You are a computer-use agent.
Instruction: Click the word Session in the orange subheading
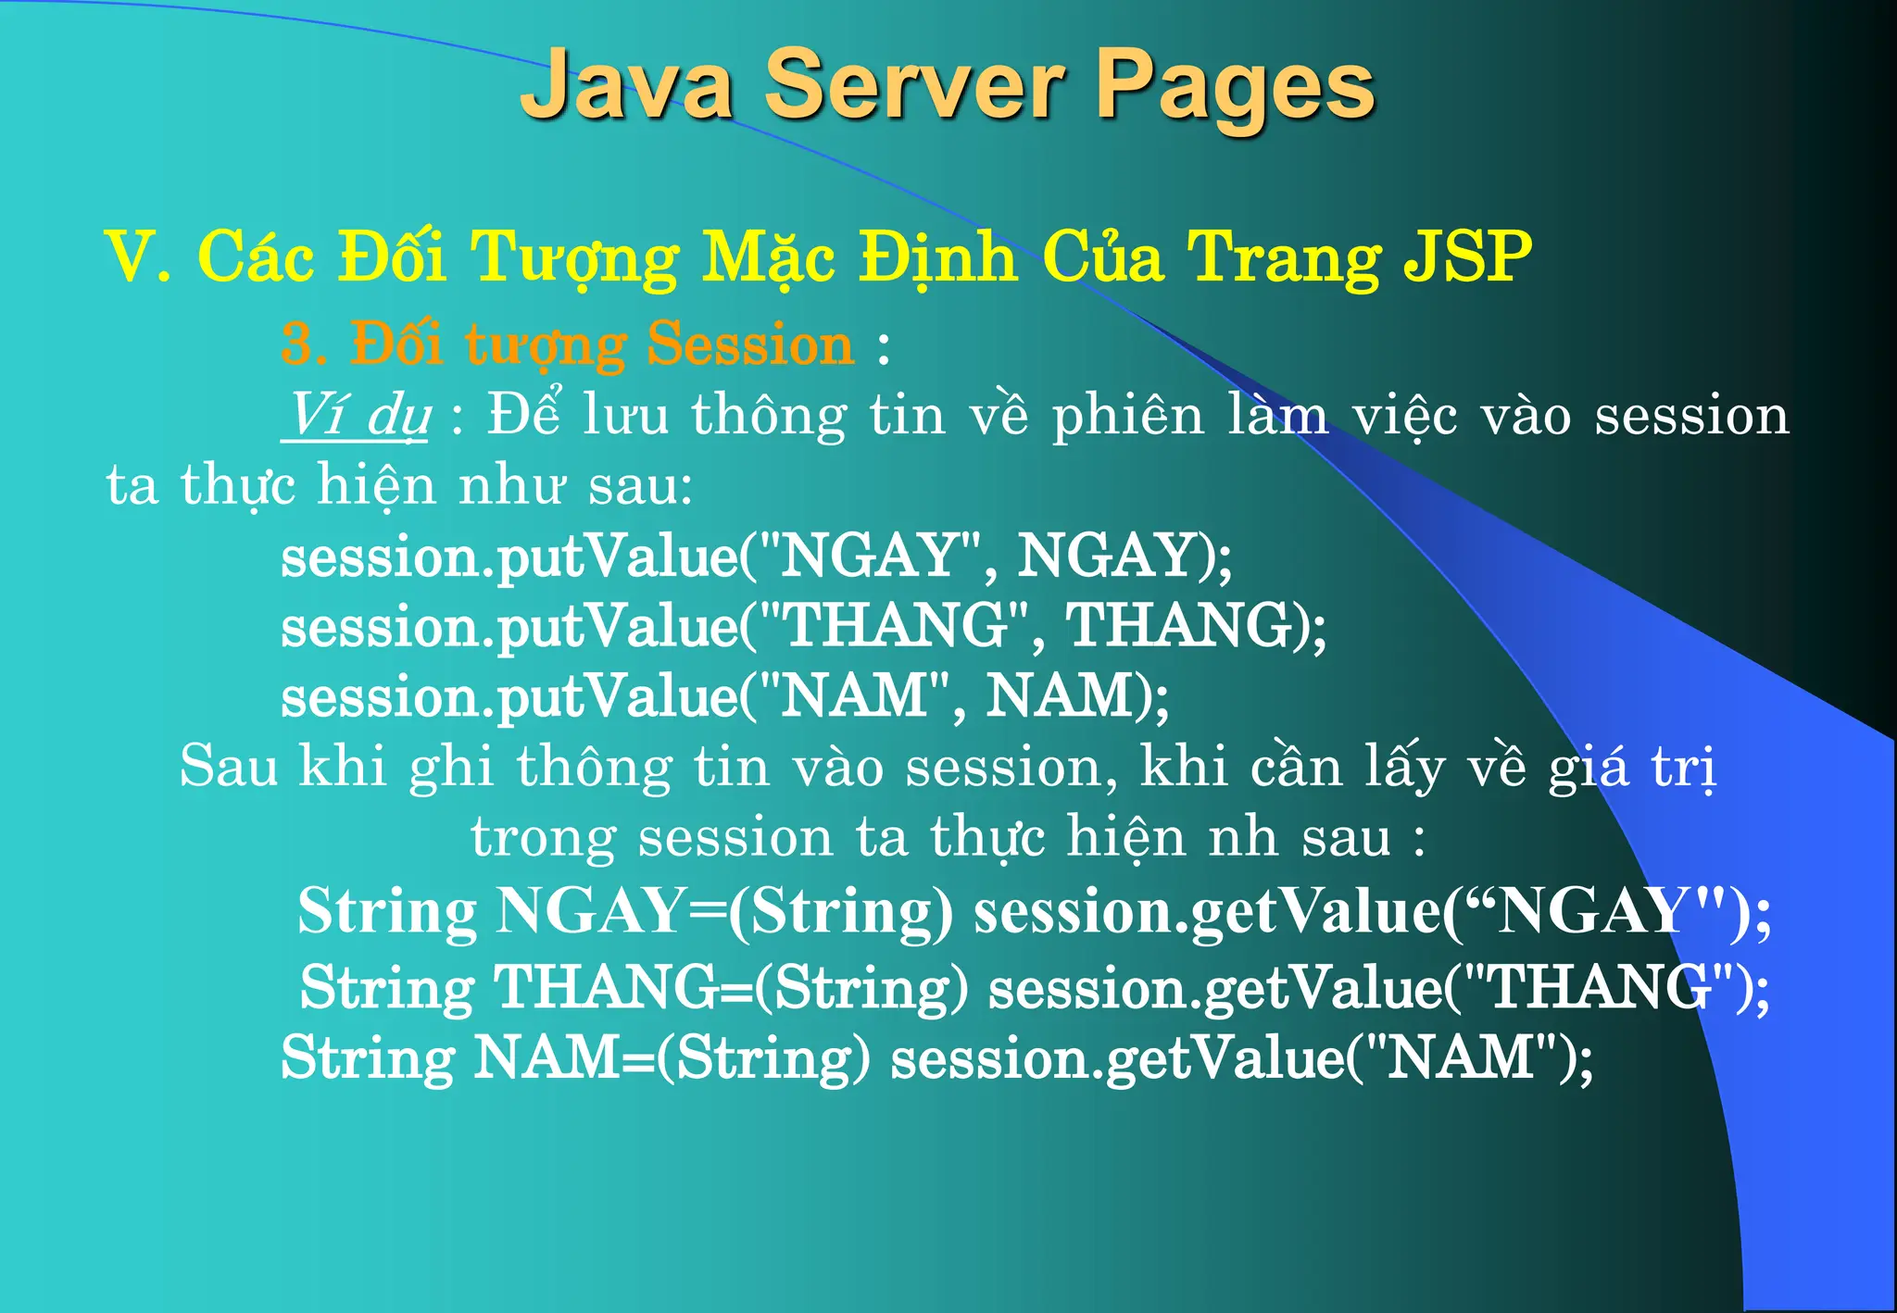(x=750, y=344)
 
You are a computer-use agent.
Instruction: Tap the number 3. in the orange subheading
(x=303, y=344)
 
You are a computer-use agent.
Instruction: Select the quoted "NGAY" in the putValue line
(x=870, y=556)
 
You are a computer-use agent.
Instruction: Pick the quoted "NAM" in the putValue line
(x=854, y=696)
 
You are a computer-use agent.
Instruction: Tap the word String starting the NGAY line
(x=387, y=911)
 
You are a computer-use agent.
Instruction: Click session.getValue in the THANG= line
(x=1214, y=987)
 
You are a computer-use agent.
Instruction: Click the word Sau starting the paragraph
(x=228, y=767)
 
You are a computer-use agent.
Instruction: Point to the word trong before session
(x=543, y=837)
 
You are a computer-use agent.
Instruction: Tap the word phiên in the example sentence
(x=1126, y=415)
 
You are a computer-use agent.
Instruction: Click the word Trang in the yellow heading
(x=1283, y=256)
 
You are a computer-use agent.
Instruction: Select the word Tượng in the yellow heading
(x=574, y=256)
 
